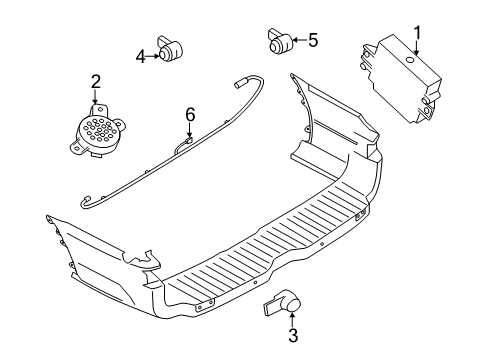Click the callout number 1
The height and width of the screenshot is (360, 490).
pyautogui.click(x=418, y=32)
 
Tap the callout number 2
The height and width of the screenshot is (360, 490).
pyautogui.click(x=95, y=81)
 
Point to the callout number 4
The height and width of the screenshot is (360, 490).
pyautogui.click(x=141, y=56)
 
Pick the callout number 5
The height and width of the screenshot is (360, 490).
pyautogui.click(x=313, y=40)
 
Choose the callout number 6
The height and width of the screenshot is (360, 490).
pyautogui.click(x=189, y=115)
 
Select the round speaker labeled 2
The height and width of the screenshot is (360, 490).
pyautogui.click(x=96, y=129)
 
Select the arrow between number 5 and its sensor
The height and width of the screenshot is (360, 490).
pyautogui.click(x=298, y=40)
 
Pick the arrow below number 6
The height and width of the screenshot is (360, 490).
pyautogui.click(x=189, y=131)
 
